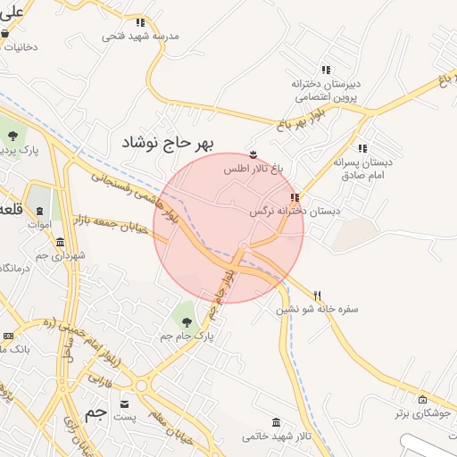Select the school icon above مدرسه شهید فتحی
140,22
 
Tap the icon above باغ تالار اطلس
253,154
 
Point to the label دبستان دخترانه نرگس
284,212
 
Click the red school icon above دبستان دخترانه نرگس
295,197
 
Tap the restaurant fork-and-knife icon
317,295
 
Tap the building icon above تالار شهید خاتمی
274,422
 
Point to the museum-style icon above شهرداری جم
60,243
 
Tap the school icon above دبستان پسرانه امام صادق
361,148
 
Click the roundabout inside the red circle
243,247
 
